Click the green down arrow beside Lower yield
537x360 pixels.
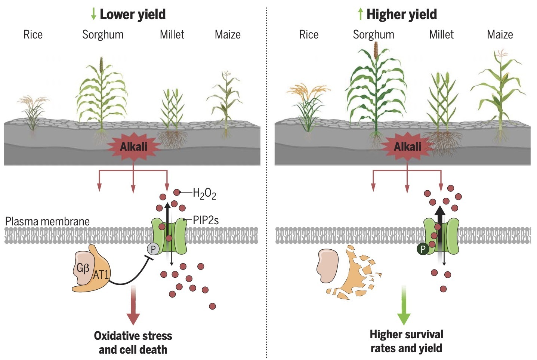point(93,14)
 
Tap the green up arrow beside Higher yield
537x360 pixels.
point(360,14)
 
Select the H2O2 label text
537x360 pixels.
point(204,194)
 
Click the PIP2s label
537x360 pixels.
point(206,220)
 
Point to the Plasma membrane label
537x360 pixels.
point(47,221)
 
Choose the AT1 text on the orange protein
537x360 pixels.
point(101,275)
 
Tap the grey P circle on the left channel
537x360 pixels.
point(153,249)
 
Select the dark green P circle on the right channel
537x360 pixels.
point(423,249)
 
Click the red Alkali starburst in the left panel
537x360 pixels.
point(133,146)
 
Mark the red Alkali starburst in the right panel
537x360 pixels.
point(407,146)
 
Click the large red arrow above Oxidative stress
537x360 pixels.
point(133,305)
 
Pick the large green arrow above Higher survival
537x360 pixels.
point(404,305)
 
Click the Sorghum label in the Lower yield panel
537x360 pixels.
point(103,35)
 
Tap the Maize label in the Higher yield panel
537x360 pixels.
point(500,35)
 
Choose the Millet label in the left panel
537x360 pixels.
point(172,35)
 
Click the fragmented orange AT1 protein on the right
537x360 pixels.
point(352,273)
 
